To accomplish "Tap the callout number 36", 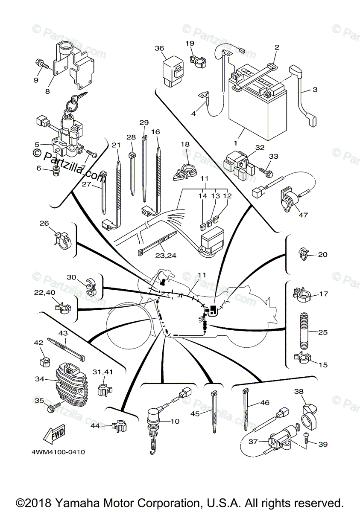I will coord(159,49).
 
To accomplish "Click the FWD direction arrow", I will coord(53,434).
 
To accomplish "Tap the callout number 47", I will coord(303,215).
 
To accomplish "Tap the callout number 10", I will coord(175,422).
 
